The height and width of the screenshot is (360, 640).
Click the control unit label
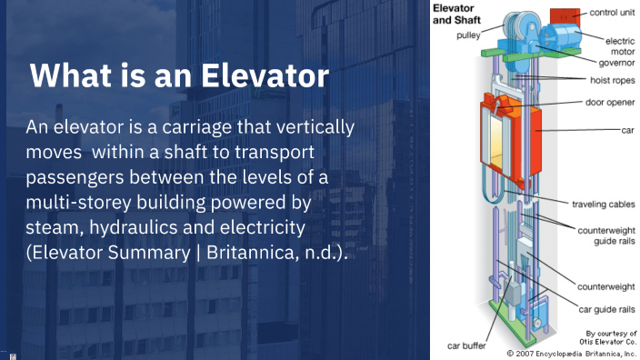click(x=611, y=12)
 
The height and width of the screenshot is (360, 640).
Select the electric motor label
click(x=615, y=45)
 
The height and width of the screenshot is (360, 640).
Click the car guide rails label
click(x=604, y=308)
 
